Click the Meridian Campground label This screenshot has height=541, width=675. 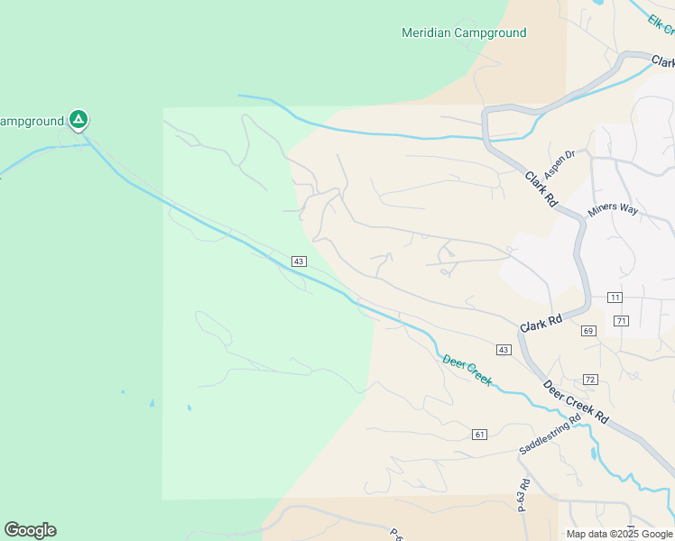pos(463,33)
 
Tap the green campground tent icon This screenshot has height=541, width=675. pos(79,119)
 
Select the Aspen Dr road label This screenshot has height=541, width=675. pos(559,164)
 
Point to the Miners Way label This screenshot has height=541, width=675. pos(613,210)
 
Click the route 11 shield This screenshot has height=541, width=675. pos(615,298)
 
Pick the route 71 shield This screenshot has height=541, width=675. pos(621,321)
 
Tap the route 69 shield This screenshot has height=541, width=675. pos(589,331)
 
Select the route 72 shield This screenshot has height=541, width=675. pos(591,379)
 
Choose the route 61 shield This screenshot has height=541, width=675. pos(479,435)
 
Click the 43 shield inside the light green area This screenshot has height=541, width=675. pos(299,261)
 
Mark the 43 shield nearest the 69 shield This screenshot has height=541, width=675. pos(504,349)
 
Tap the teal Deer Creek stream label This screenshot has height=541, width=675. pos(467,371)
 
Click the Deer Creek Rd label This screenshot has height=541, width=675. pos(576,402)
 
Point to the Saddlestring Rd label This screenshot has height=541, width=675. pos(550,436)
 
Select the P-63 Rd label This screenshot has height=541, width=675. pos(522,495)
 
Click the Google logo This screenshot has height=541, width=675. pos(30,530)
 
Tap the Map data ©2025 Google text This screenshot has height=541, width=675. pos(619,534)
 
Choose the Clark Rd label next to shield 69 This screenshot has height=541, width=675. pos(541,321)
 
